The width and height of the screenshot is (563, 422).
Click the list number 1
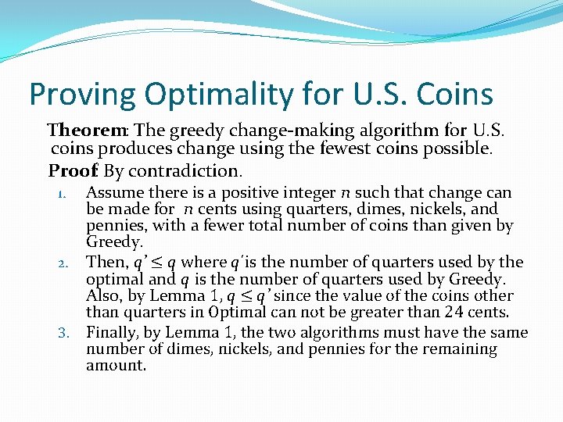click(66, 193)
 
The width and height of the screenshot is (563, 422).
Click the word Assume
click(113, 192)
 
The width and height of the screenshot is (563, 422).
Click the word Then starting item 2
click(106, 262)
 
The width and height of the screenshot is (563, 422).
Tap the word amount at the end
click(116, 366)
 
